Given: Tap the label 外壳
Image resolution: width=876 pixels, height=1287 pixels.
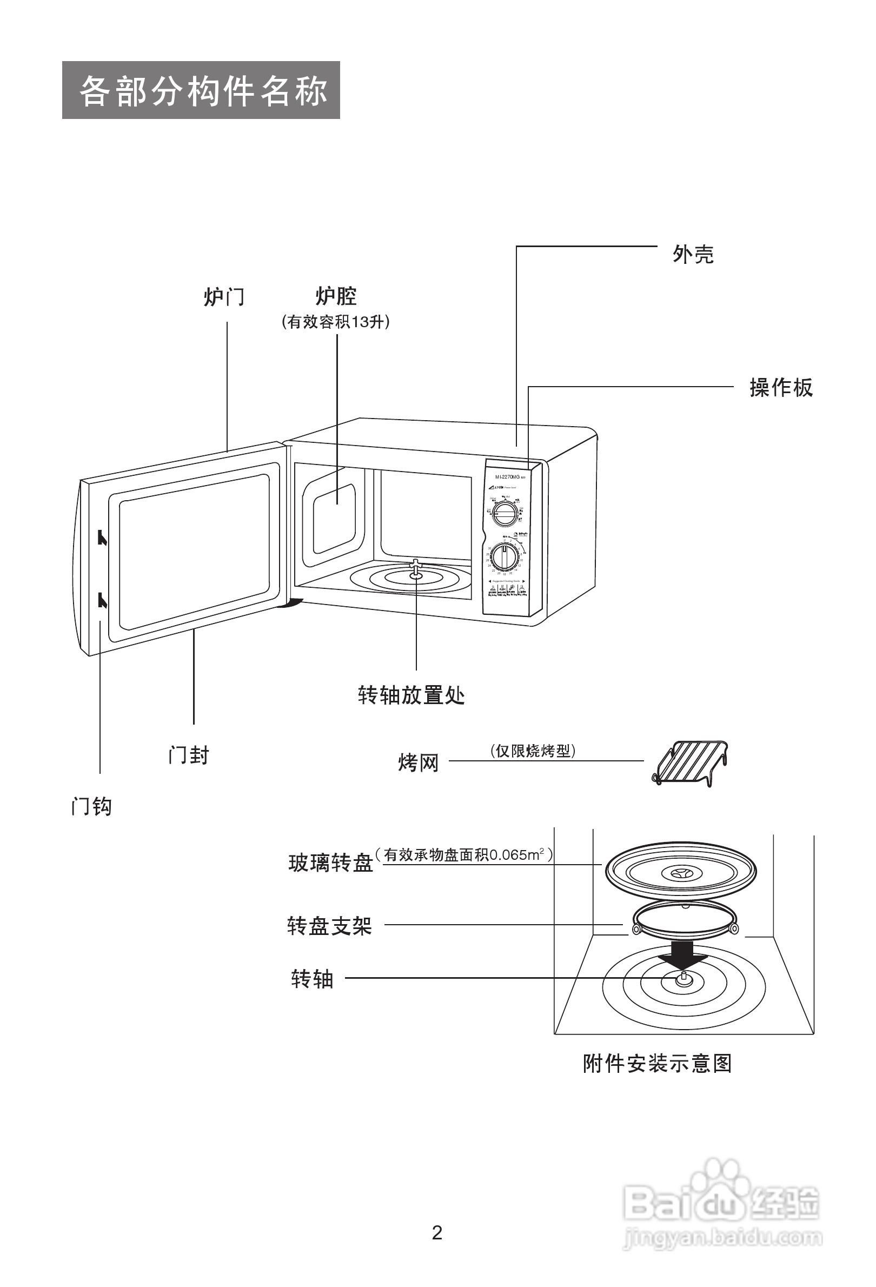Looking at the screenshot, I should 693,254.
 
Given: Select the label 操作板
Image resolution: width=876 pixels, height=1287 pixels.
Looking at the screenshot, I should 781,388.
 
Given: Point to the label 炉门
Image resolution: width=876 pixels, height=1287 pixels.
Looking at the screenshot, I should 224,297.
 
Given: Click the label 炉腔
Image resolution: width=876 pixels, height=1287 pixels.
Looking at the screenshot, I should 336,296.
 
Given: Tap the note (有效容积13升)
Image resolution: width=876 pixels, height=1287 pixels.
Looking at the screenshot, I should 336,322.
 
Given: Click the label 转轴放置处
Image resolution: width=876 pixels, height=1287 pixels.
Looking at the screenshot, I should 411,694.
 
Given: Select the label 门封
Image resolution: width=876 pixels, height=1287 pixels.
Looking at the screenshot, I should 189,755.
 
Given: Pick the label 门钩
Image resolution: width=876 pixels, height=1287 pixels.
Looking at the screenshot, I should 92,807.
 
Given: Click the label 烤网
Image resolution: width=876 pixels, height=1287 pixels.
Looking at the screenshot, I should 418,762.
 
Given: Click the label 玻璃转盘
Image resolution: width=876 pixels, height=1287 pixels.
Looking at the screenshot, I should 330,863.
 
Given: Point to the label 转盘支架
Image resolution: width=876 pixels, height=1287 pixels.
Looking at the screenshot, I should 329,925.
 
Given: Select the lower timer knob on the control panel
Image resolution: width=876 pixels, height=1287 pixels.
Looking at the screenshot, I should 505,556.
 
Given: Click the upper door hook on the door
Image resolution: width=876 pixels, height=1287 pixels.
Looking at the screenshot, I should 102,537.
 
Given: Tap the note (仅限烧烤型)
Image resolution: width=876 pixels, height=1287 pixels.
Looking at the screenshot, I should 533,751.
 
